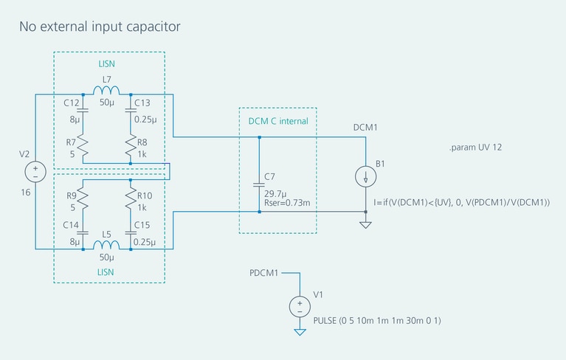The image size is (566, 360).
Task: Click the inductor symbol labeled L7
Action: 106,91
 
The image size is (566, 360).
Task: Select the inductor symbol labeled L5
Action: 106,245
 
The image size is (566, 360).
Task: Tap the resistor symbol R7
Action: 83,142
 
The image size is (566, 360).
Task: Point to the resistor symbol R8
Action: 131,142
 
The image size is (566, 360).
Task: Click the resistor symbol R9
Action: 83,197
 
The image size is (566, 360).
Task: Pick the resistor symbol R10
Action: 131,197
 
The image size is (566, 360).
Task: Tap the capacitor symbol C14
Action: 83,231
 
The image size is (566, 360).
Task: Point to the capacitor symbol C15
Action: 131,231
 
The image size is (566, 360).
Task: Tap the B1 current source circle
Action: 366,176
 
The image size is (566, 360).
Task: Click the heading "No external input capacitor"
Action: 100,27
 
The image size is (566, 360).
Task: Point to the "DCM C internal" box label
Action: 277,121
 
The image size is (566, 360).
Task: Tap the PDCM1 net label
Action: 264,273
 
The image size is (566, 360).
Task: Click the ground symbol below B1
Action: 366,223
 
